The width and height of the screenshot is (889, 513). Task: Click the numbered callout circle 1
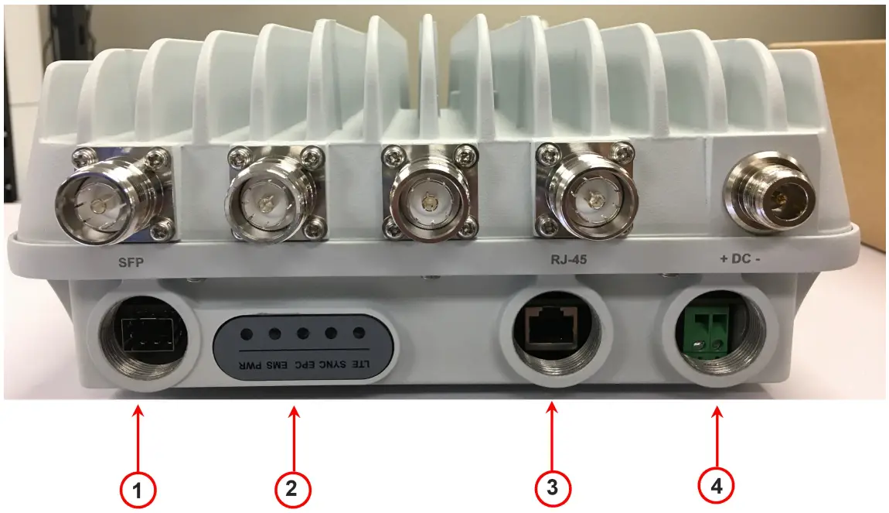click(x=138, y=489)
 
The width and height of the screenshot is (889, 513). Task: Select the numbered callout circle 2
click(x=292, y=489)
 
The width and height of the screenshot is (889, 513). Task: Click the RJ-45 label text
click(x=568, y=261)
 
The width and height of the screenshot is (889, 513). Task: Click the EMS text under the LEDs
click(x=275, y=364)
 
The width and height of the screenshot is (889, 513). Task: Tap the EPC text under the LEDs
click(x=303, y=364)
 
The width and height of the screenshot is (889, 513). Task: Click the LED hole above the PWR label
click(x=247, y=334)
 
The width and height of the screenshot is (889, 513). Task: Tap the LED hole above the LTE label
click(x=359, y=333)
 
